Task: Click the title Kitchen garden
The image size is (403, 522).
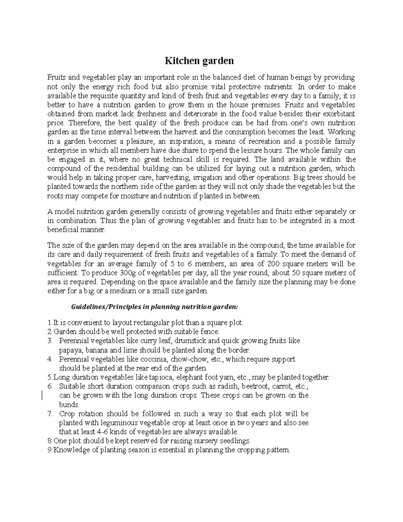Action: coord(199,61)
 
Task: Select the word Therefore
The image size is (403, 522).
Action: coord(77,123)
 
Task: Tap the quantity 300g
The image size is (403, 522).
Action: coord(119,272)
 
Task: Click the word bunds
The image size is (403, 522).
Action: coord(69,404)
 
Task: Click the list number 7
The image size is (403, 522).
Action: coord(50,413)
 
